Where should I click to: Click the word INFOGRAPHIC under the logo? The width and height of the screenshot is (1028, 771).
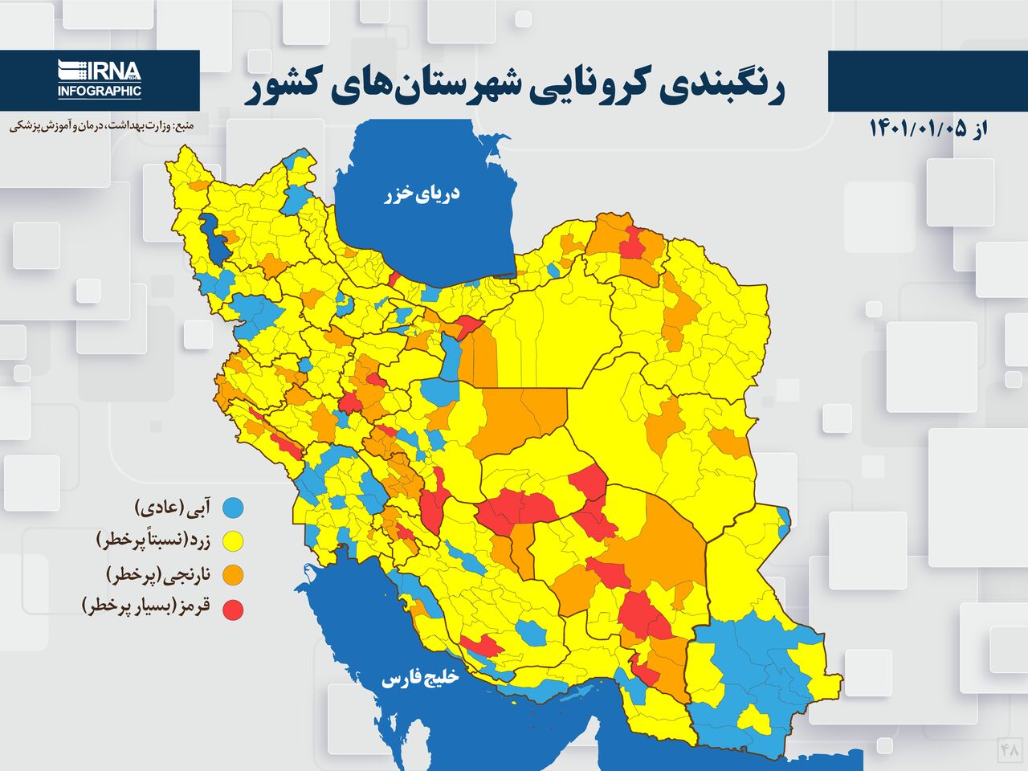point(100,92)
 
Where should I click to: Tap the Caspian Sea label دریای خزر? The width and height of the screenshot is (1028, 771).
point(422,194)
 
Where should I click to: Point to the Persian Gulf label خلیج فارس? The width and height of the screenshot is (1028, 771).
point(420,679)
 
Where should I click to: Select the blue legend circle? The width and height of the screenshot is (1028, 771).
point(233,508)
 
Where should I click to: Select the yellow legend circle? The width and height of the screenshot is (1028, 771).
point(233,542)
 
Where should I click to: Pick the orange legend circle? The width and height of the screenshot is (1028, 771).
point(233,575)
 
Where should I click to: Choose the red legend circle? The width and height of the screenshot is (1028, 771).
point(233,610)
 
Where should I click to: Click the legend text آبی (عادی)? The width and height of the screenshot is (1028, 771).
point(173,508)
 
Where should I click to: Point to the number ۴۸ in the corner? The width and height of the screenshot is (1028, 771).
point(1009,749)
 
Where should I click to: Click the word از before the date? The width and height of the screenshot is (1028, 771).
point(977,129)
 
